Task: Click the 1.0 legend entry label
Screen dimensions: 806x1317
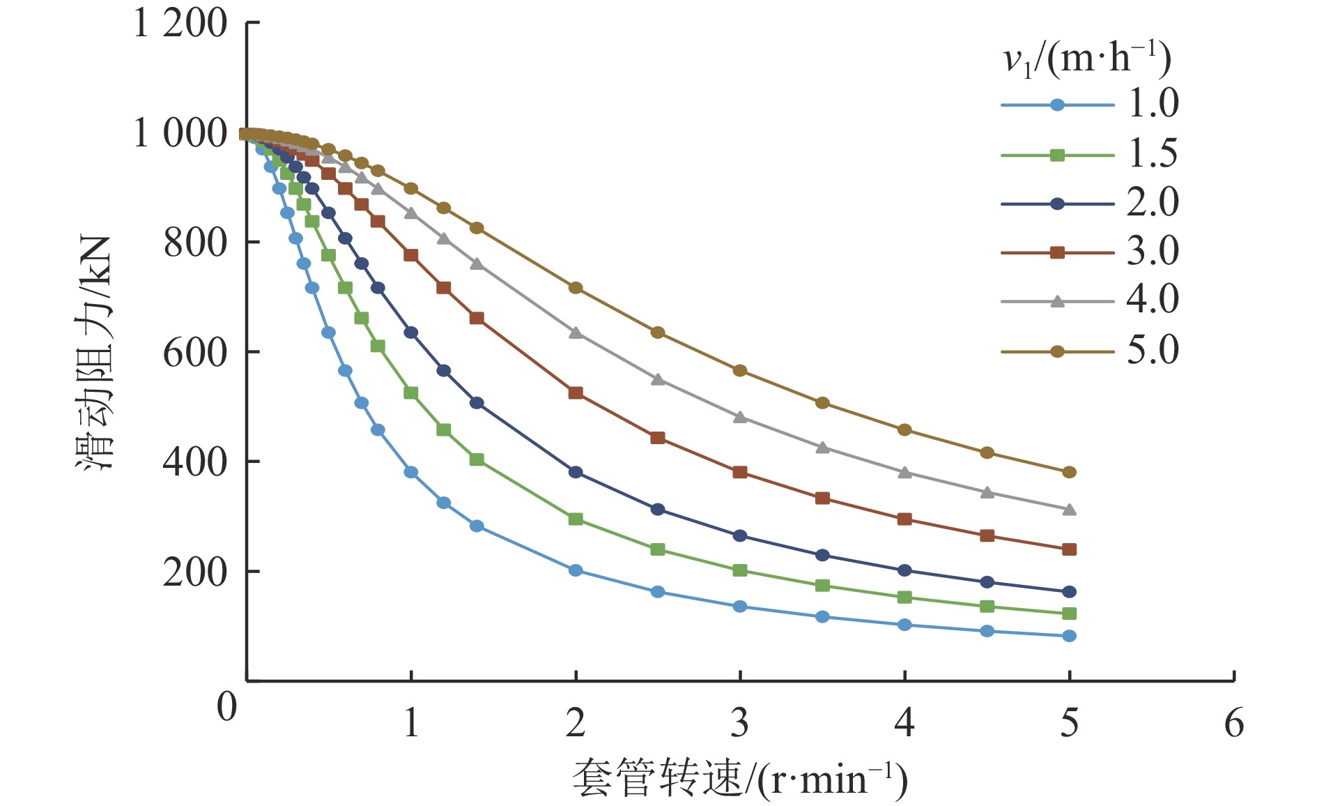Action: coord(1153,104)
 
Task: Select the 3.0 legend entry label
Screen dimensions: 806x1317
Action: coord(1153,251)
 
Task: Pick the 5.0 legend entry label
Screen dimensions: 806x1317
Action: coord(1153,350)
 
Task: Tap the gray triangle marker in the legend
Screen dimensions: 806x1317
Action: coord(1057,301)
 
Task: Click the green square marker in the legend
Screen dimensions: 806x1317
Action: coord(1057,155)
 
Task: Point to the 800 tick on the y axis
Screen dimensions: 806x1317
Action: coord(195,243)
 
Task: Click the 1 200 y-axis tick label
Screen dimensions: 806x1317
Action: coord(180,24)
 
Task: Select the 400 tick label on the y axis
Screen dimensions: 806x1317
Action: coord(195,462)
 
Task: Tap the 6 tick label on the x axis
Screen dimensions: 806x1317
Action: coord(1234,723)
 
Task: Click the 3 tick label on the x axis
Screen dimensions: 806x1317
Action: coord(740,723)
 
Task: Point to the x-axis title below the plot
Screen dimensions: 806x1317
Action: coord(740,779)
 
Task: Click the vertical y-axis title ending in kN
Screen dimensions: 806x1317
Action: coord(95,352)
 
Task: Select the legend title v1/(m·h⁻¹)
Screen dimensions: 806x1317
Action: coord(1087,59)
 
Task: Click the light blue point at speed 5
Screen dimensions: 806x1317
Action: coord(1070,636)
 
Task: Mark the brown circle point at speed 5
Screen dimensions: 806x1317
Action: coord(1070,472)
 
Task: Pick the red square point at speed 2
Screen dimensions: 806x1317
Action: coord(576,393)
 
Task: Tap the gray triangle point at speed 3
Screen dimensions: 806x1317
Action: coord(740,417)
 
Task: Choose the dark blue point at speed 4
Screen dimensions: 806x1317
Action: coord(904,570)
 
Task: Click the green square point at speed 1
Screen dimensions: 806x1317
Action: coord(411,393)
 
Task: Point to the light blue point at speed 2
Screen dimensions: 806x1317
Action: coord(576,570)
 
